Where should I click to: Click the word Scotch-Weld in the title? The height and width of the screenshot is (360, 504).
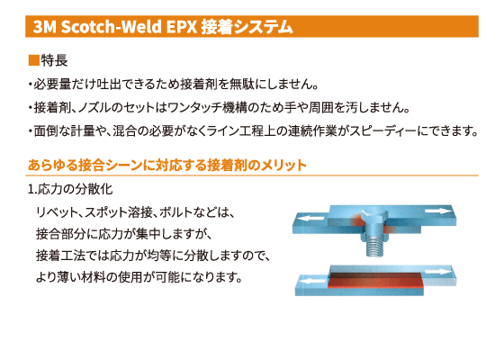(112, 27)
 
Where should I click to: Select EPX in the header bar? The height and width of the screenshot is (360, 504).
(182, 27)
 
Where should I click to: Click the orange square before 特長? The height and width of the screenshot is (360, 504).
(34, 60)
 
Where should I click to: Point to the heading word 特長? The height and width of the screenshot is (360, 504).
(54, 60)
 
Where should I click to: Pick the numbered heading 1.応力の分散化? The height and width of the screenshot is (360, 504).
(70, 189)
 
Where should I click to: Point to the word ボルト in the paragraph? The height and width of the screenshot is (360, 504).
(175, 212)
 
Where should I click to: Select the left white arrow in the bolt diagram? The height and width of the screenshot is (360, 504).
(311, 218)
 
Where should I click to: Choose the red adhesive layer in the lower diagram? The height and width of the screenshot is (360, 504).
(374, 280)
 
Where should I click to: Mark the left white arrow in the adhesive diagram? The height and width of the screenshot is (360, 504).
(312, 281)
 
